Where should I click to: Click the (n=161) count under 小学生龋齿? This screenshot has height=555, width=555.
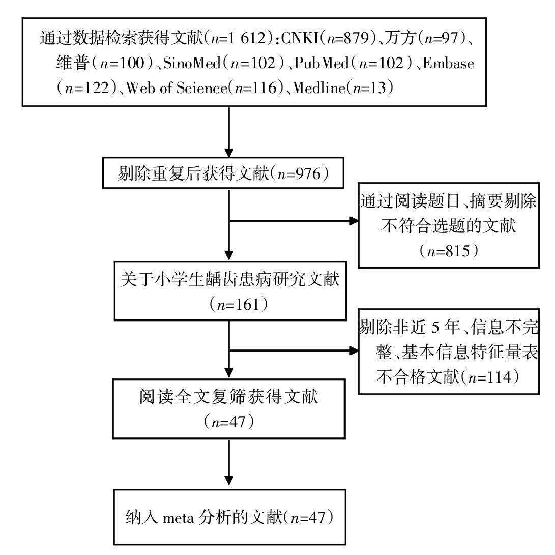230,306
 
